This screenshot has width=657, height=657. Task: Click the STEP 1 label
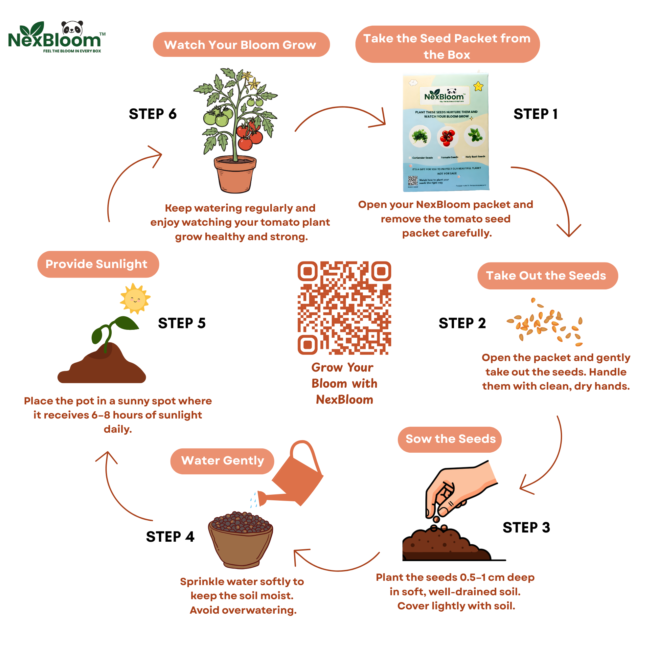pos(535,114)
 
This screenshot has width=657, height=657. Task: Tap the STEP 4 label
pos(170,537)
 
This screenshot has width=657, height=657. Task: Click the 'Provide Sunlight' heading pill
pos(98,264)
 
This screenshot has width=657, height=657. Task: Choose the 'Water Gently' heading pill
pos(222,461)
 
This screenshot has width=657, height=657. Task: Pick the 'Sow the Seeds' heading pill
pos(450,439)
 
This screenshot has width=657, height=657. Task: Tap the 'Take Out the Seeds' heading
pos(547,276)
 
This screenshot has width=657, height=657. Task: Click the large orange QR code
pos(344,308)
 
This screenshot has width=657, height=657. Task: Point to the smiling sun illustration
pos(135,299)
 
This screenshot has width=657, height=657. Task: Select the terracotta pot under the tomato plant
pos(235,174)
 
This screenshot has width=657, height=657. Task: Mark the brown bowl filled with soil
pos(240,541)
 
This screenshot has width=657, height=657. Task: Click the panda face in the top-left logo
pos(72,28)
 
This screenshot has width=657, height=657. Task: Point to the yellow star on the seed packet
pos(478,86)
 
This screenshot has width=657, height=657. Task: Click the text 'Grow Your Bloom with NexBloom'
pos(344,383)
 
